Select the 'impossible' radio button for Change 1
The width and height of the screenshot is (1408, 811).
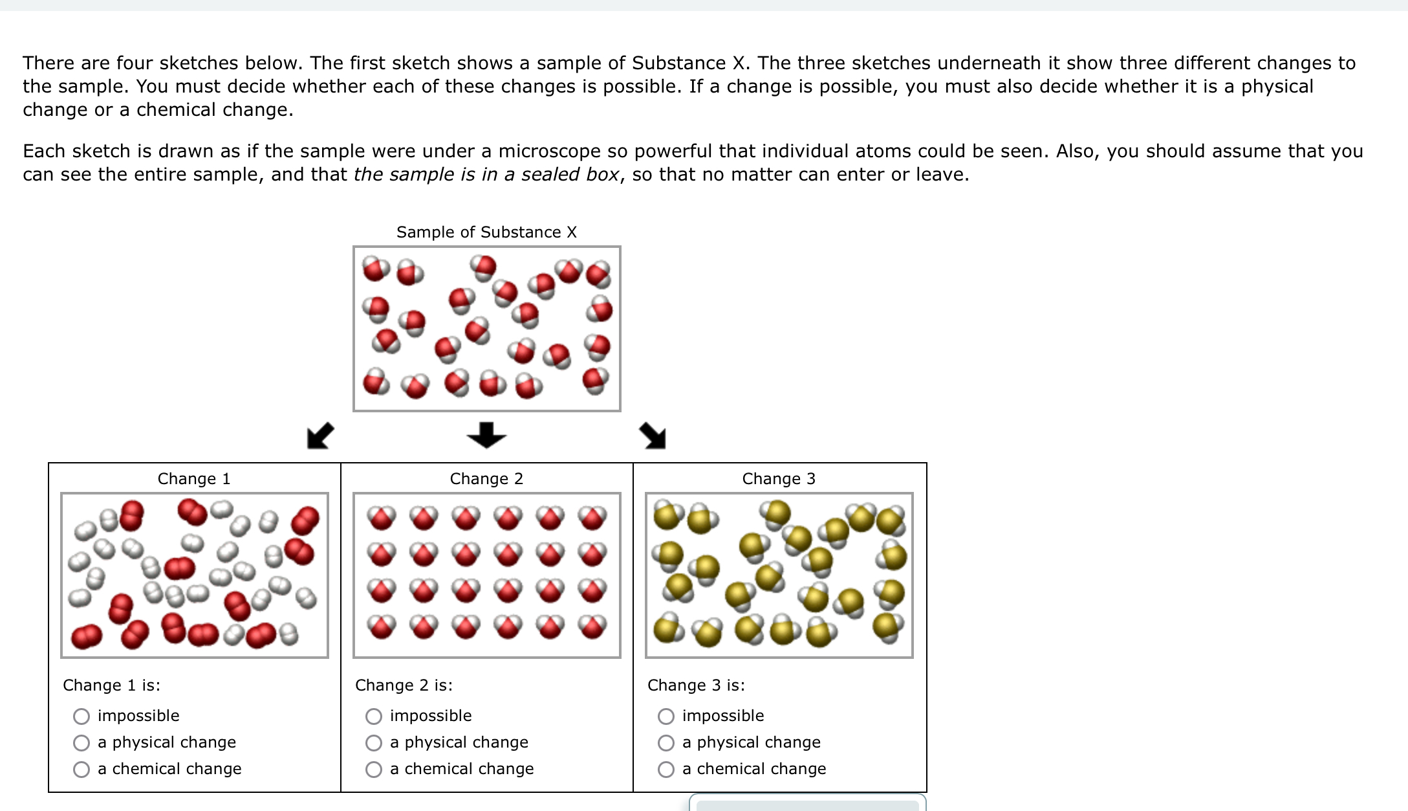click(x=81, y=716)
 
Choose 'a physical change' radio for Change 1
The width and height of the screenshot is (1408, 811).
click(x=81, y=742)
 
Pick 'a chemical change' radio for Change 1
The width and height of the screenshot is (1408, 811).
click(x=81, y=769)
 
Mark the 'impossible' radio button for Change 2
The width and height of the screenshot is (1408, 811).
click(x=374, y=716)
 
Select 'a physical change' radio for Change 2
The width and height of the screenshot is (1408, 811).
click(x=374, y=742)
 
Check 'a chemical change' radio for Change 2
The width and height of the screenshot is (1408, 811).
click(x=374, y=769)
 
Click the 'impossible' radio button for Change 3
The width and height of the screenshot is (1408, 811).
click(x=666, y=716)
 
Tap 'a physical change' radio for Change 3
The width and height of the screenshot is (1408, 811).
click(x=666, y=742)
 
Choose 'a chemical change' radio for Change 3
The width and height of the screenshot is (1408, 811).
click(x=666, y=769)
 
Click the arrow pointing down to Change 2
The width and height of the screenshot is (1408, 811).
click(x=486, y=435)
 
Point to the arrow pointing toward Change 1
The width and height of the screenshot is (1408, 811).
click(x=320, y=436)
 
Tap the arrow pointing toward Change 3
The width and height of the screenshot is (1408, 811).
click(x=653, y=436)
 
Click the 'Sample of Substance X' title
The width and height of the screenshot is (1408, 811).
click(x=486, y=232)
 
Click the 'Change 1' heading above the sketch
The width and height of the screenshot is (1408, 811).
click(x=194, y=478)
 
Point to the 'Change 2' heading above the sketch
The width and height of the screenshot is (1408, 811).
click(x=486, y=478)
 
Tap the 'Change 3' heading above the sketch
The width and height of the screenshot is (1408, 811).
click(x=779, y=478)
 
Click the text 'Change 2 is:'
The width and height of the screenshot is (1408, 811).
click(x=404, y=685)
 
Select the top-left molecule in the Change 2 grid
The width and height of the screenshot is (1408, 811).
click(x=382, y=517)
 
